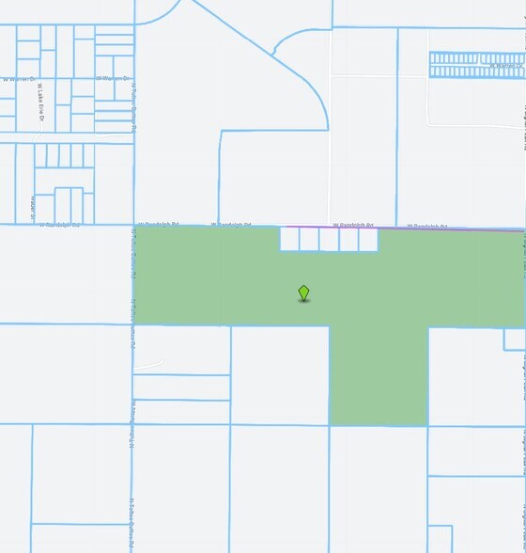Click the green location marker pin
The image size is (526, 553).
[x=303, y=293]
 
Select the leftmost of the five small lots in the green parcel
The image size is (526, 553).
[x=290, y=240]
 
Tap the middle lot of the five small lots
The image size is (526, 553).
[x=329, y=240]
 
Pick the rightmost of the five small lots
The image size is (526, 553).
[x=367, y=240]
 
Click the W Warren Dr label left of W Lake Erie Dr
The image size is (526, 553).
[x=18, y=79]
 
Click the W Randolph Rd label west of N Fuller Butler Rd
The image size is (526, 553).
[x=60, y=225]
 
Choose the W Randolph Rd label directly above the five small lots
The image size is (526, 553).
[x=354, y=225]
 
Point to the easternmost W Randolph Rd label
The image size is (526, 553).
[x=427, y=226]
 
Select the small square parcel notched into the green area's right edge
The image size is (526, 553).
[x=514, y=339]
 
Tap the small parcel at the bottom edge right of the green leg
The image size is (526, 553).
[x=440, y=539]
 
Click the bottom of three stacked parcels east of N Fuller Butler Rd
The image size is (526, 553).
[x=181, y=412]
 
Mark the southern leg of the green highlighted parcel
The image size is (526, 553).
[x=378, y=376]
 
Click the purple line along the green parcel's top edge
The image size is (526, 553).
[x=404, y=228]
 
